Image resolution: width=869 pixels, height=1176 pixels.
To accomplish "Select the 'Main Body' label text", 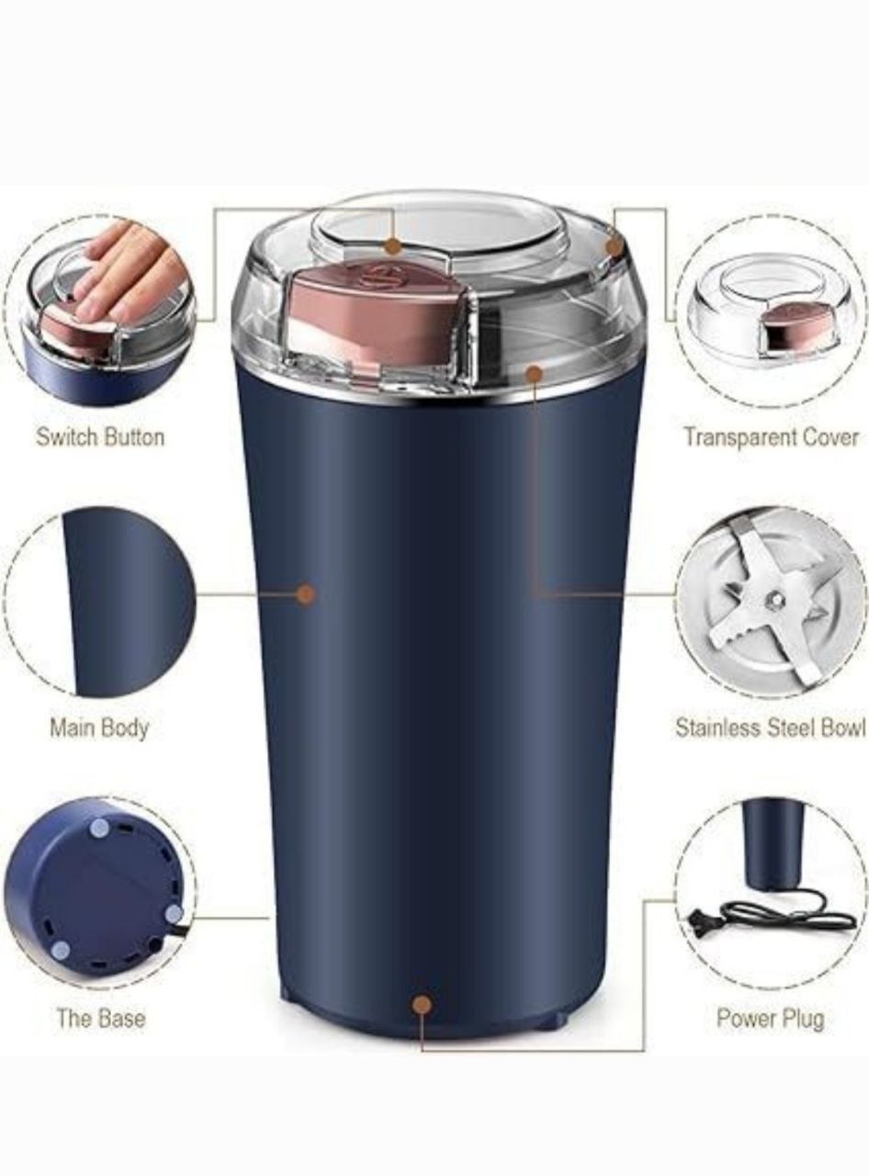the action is pyautogui.click(x=99, y=729).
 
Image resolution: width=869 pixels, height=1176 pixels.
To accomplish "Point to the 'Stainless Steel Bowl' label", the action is pyautogui.click(x=771, y=728).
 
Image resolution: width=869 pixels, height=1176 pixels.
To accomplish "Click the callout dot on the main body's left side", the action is pyautogui.click(x=306, y=594).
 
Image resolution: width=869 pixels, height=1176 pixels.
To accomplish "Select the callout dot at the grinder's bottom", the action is pyautogui.click(x=423, y=1003).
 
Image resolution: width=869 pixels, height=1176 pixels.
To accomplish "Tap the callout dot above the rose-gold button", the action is pyautogui.click(x=393, y=245).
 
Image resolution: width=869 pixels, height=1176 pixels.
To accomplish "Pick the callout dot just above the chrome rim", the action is pyautogui.click(x=534, y=374).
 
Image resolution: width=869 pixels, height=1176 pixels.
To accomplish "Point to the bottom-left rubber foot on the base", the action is pyautogui.click(x=61, y=950).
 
